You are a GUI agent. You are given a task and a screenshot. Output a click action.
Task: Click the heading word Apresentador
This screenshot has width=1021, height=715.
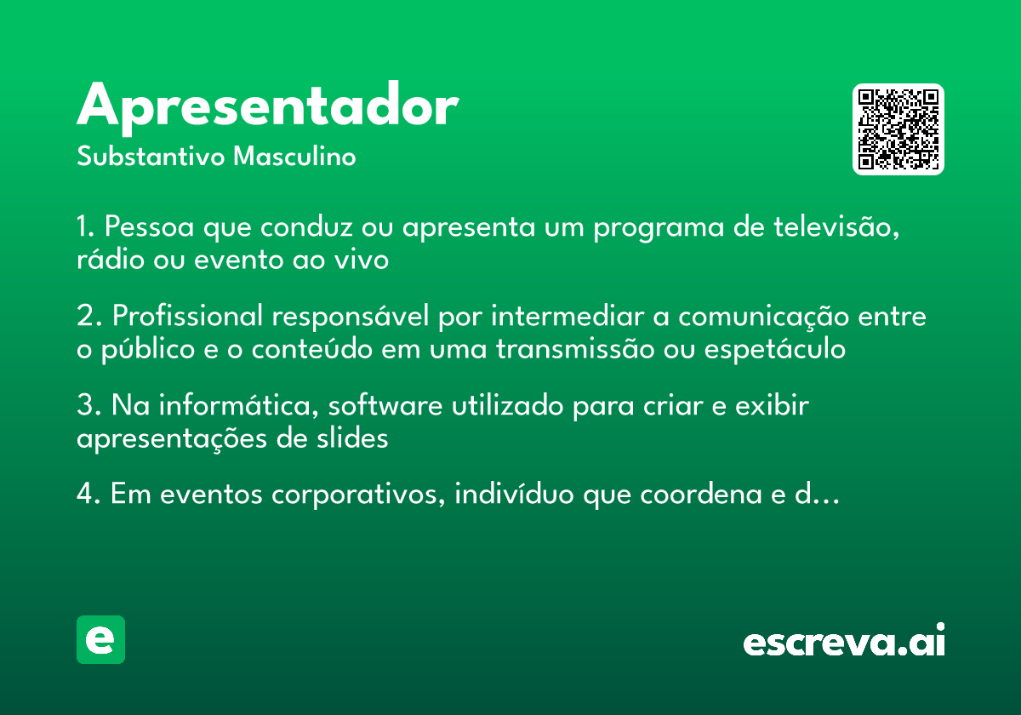267,107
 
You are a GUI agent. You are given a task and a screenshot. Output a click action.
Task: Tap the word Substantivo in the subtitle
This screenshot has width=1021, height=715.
151,157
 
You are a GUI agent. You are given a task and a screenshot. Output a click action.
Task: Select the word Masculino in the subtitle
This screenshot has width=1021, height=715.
294,157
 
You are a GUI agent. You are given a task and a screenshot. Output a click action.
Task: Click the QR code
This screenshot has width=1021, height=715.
898,129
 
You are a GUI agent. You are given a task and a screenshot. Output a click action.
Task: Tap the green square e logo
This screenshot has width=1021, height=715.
100,639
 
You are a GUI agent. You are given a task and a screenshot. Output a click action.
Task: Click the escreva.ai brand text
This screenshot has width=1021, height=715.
844,640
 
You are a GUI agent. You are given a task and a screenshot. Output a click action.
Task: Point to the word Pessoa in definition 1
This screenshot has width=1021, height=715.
150,226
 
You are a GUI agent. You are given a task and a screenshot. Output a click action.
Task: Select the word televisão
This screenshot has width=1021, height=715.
836,226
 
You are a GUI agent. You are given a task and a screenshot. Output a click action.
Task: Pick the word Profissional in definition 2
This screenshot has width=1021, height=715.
187,316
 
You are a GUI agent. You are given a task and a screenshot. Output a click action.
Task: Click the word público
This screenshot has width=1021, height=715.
148,350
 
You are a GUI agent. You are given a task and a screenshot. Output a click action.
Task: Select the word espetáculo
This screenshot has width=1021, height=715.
775,350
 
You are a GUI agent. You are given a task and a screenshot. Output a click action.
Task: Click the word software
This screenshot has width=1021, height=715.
385,405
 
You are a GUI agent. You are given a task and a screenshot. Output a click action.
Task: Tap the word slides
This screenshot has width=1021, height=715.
352,438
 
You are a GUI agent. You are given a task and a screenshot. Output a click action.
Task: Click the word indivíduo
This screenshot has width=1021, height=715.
514,494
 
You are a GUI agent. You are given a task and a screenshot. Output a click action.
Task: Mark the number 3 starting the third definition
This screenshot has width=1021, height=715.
85,405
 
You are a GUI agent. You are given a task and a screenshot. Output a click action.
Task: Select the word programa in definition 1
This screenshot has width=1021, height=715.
659,228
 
